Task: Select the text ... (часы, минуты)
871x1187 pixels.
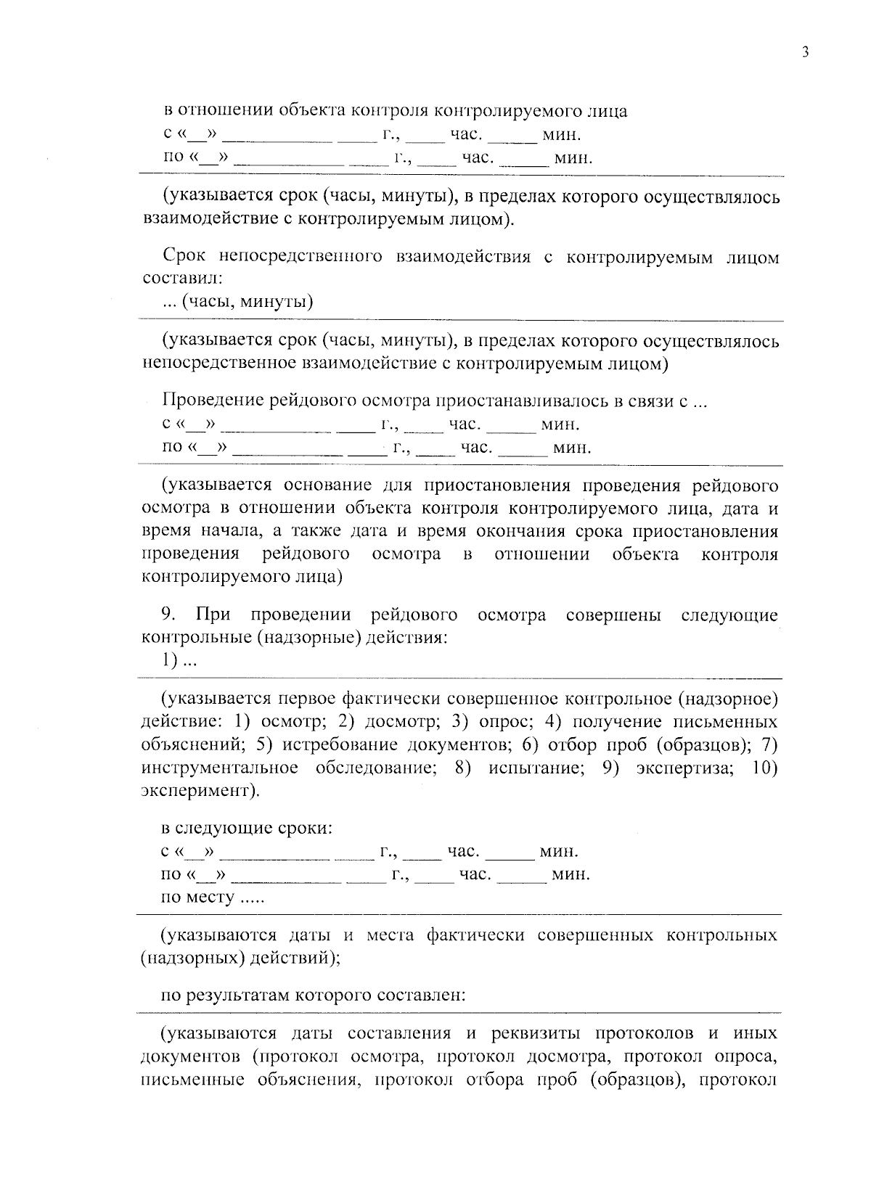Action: [237, 301]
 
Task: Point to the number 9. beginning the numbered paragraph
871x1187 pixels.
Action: [168, 616]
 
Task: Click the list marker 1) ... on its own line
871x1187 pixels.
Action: [178, 661]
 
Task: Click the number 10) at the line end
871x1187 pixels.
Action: [764, 768]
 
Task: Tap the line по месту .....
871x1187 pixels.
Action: [212, 898]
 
